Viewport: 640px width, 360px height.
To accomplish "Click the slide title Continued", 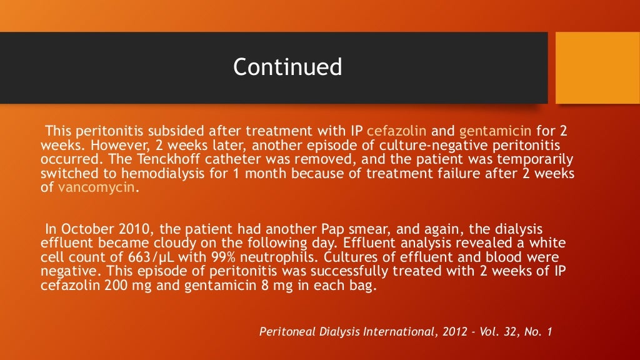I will (287, 67).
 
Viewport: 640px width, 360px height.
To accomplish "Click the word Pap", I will (299, 229).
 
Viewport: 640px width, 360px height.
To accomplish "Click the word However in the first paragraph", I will (102, 146).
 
